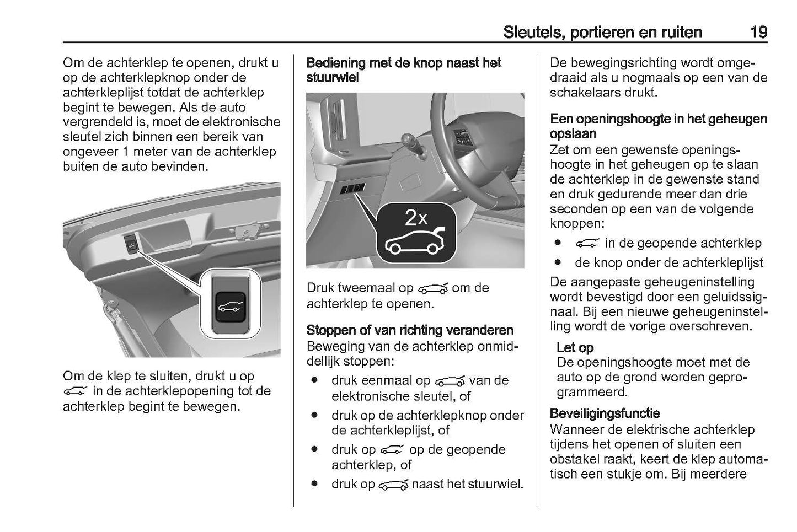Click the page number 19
758,32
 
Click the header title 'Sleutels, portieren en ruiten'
602,32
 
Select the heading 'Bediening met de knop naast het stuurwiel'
403,70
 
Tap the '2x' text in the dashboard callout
416,218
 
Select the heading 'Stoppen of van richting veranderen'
409,330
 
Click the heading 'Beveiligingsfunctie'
605,413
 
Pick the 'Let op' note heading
575,347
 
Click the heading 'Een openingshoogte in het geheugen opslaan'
658,126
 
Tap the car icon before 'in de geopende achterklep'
587,243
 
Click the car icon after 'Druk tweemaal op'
434,288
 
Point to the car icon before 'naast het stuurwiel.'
393,485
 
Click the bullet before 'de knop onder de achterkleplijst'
559,262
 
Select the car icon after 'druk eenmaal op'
450,381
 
